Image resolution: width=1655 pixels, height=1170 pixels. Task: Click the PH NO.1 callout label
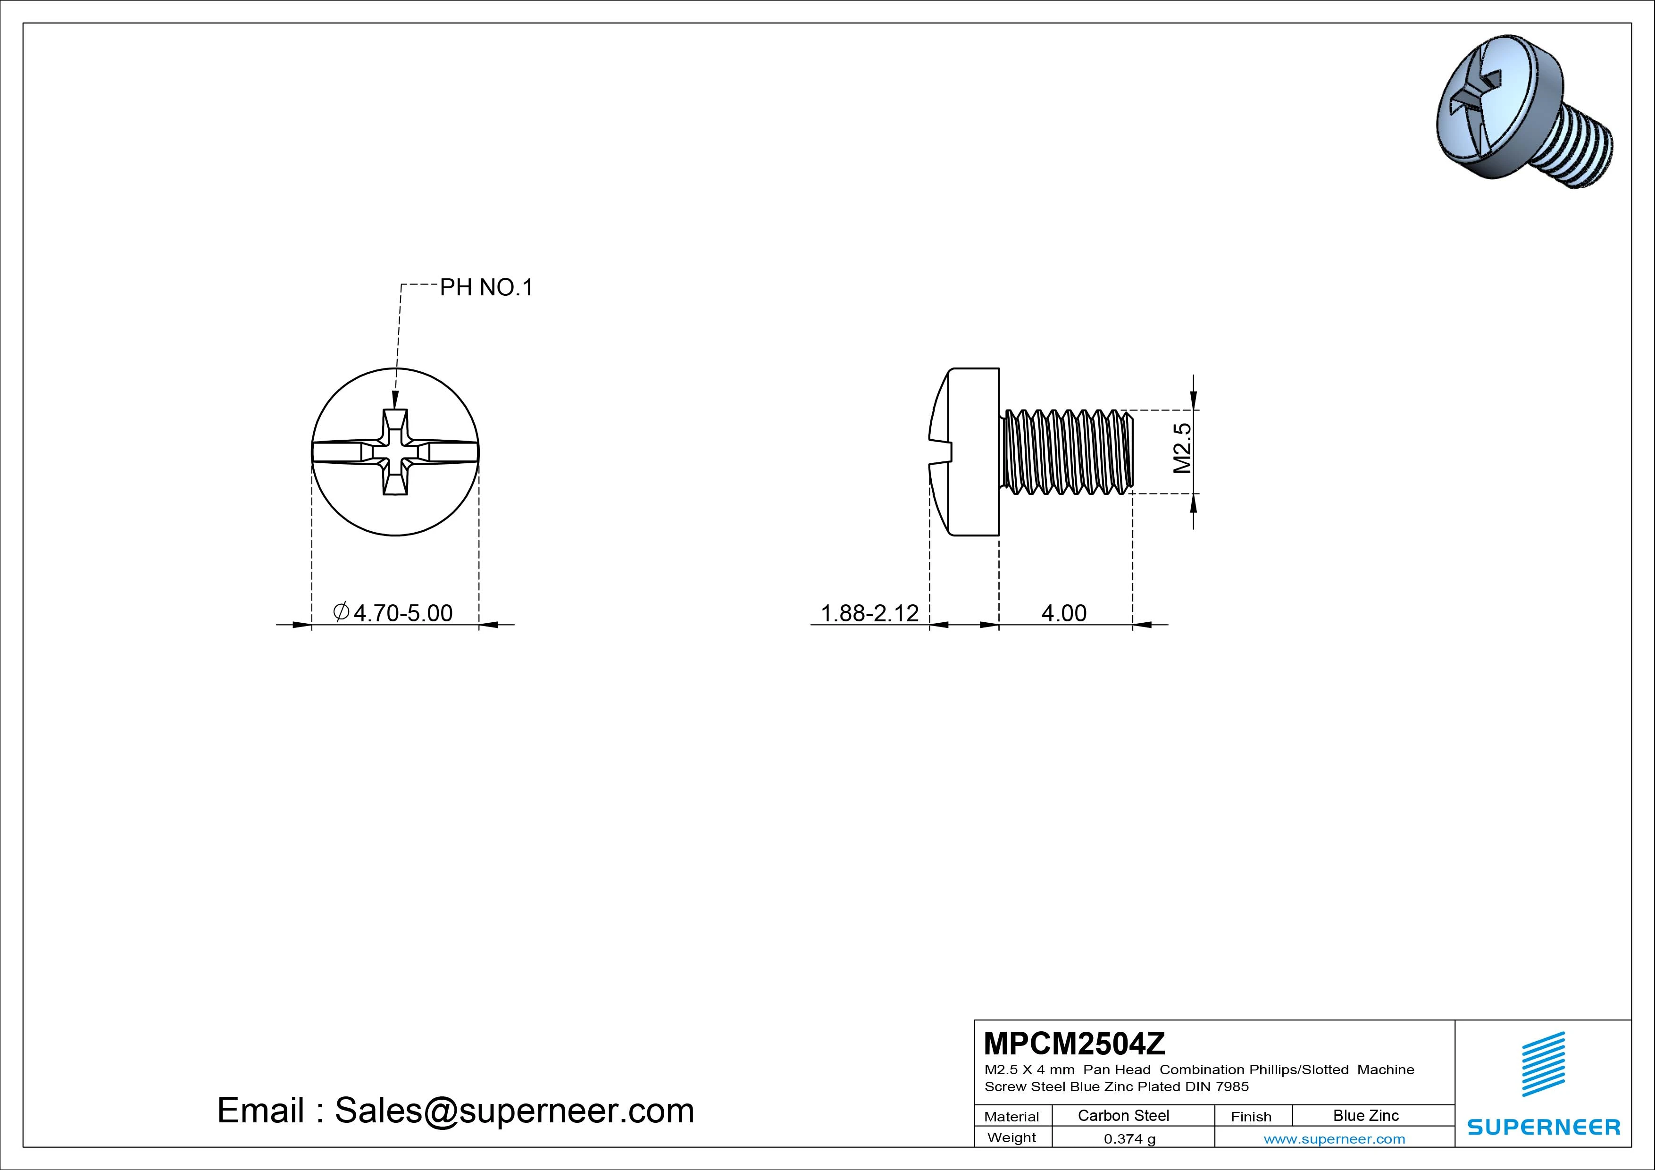486,288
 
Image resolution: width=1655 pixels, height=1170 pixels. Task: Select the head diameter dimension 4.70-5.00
393,613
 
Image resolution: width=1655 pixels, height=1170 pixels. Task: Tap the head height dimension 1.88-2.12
870,613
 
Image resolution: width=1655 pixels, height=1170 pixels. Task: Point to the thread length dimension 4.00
1064,613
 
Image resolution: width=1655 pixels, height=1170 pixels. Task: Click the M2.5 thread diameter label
1182,448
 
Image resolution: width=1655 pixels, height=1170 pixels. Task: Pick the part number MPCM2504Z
1074,1043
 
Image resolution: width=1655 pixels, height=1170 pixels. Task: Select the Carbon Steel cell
1123,1115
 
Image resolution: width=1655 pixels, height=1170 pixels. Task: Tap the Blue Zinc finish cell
1366,1115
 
